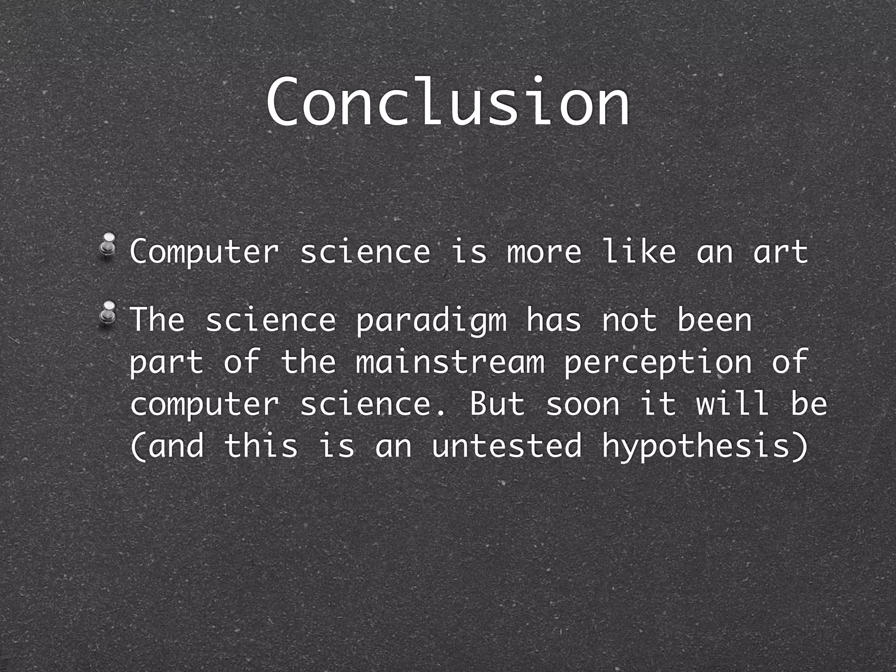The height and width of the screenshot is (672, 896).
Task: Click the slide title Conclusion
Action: [448, 103]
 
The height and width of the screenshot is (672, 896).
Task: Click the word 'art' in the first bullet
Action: [780, 252]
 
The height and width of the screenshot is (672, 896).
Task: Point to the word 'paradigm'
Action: [431, 321]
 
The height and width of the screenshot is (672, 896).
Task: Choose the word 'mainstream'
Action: [450, 363]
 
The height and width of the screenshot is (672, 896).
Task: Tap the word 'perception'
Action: [658, 363]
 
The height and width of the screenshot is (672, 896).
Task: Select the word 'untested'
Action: [507, 446]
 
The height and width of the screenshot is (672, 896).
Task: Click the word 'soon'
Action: [582, 405]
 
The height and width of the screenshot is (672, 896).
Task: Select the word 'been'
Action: [714, 321]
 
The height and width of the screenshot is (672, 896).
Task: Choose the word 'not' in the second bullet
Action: [629, 321]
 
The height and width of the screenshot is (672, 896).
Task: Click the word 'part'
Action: [167, 363]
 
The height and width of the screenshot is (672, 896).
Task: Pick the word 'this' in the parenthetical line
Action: [261, 446]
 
